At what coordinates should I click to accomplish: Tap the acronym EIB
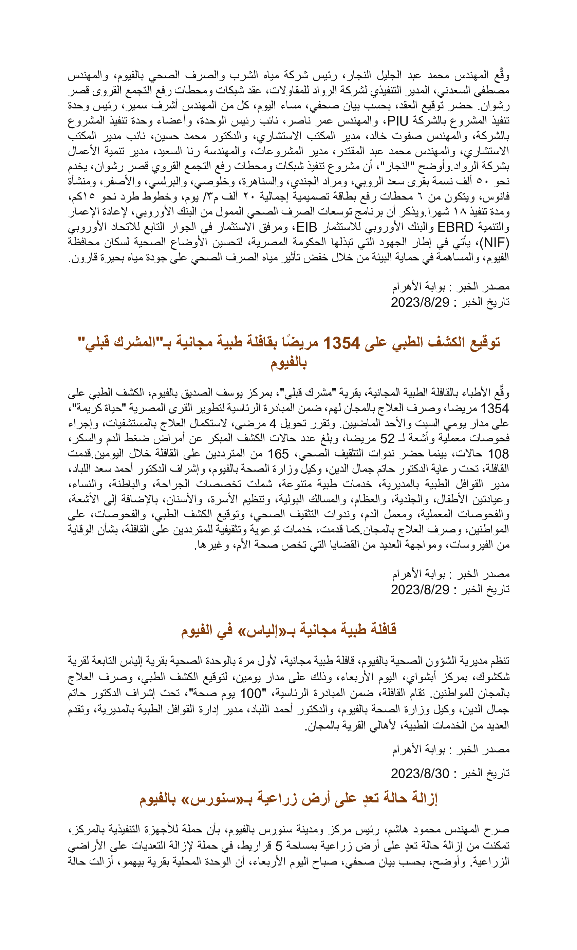[x=306, y=227]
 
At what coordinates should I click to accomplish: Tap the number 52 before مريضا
[x=387, y=439]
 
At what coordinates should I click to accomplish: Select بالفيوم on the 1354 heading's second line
[x=288, y=363]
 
